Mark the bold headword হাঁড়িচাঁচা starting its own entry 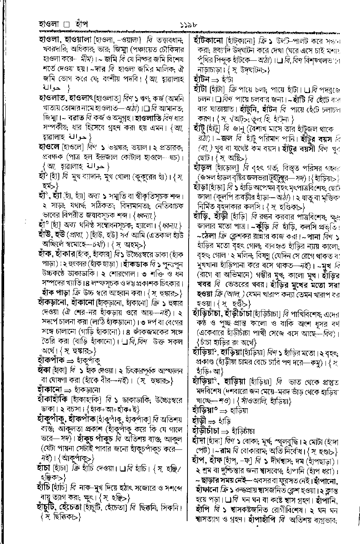[207, 312]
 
